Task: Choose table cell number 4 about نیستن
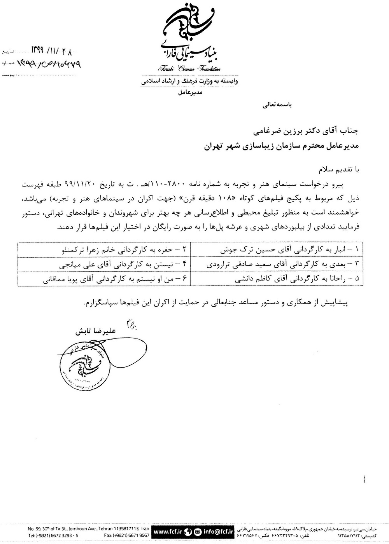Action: tap(119, 265)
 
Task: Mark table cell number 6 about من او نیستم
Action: tap(116, 279)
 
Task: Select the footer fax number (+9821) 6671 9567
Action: tap(127, 535)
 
